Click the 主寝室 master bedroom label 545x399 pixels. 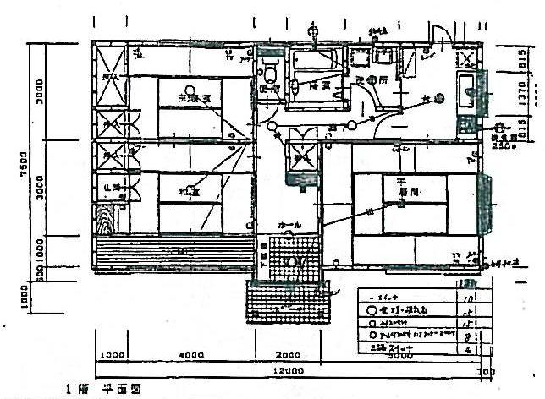coord(193,98)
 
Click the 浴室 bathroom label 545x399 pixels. coord(319,85)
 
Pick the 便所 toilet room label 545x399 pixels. coord(269,87)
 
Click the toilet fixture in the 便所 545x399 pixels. coord(271,67)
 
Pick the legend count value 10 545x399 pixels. coord(467,296)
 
